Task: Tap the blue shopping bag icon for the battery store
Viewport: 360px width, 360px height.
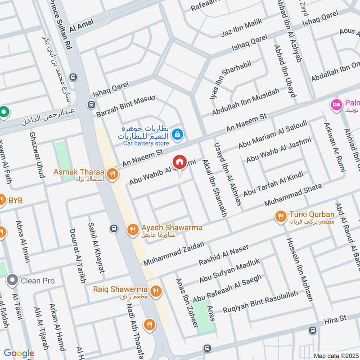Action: pyautogui.click(x=178, y=133)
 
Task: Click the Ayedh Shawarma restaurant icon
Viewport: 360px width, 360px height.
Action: pyautogui.click(x=132, y=229)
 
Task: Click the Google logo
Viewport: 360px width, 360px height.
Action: pyautogui.click(x=19, y=354)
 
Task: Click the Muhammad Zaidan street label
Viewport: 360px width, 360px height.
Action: pyautogui.click(x=174, y=253)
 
